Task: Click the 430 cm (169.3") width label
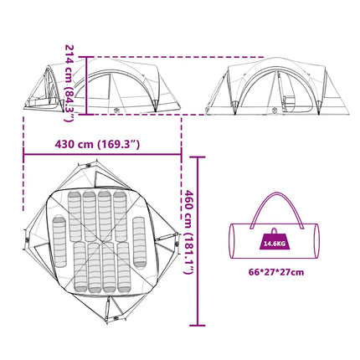(x=97, y=145)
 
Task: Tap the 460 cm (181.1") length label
(x=189, y=232)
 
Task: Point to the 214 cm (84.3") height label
(x=69, y=83)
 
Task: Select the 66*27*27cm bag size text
(x=276, y=272)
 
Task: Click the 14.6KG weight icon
(x=275, y=241)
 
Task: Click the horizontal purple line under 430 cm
(x=102, y=154)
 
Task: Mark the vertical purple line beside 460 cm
(x=198, y=241)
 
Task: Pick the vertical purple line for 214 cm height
(x=87, y=85)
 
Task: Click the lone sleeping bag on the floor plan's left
(x=59, y=241)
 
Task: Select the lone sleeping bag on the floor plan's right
(x=139, y=242)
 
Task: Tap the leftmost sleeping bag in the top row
(x=75, y=216)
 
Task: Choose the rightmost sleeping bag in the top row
(x=120, y=216)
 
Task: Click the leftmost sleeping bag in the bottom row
(x=80, y=267)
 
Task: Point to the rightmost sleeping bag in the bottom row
(x=124, y=267)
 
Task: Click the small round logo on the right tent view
(x=275, y=110)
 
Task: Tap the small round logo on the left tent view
(x=116, y=110)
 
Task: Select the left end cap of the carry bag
(x=232, y=241)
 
